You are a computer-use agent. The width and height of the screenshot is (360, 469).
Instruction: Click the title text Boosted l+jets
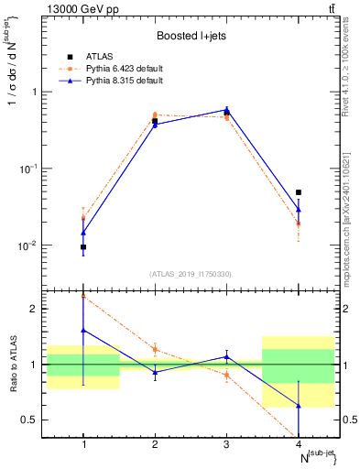click(x=191, y=37)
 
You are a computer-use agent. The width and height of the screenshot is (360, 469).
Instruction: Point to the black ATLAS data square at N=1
click(x=83, y=246)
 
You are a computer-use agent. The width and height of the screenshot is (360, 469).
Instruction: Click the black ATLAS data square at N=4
click(x=298, y=192)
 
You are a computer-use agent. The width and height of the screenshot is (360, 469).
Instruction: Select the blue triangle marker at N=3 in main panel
click(x=226, y=110)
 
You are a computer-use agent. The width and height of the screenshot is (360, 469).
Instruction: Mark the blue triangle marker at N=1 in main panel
click(x=83, y=233)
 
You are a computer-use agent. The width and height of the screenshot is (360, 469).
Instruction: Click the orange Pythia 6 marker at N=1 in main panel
click(x=83, y=217)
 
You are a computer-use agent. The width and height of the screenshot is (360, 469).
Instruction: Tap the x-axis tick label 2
click(x=155, y=444)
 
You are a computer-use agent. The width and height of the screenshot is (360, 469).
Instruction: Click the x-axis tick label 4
click(x=298, y=444)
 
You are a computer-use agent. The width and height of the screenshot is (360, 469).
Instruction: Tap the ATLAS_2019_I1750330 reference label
click(x=191, y=274)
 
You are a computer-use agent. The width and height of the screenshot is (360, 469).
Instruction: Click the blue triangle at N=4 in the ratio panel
click(x=298, y=405)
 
